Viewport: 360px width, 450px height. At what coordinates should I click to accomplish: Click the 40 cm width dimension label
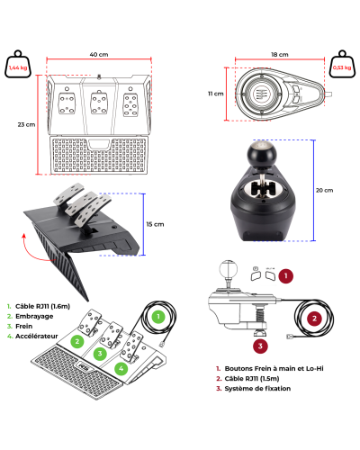[x=99, y=55]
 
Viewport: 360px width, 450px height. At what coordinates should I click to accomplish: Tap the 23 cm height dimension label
[x=26, y=124]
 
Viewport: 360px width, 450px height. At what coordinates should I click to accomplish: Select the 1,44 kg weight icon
[x=18, y=64]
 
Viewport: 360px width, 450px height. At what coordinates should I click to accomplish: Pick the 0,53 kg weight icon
[x=342, y=64]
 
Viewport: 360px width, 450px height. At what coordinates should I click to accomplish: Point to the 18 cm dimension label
[x=280, y=55]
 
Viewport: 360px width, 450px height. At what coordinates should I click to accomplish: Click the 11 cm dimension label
[x=216, y=94]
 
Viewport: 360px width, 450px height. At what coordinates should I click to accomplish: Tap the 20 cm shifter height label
[x=324, y=190]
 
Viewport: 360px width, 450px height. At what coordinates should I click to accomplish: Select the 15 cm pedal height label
[x=155, y=224]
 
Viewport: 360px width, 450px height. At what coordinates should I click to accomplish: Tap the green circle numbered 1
[x=158, y=317]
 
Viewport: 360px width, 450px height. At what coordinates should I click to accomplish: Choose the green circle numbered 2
[x=77, y=341]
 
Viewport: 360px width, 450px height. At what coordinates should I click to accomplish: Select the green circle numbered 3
[x=100, y=354]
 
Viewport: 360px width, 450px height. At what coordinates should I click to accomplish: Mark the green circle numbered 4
[x=121, y=368]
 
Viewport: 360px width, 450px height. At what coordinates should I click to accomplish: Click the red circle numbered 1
[x=285, y=275]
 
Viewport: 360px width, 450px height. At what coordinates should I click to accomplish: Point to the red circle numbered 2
[x=314, y=319]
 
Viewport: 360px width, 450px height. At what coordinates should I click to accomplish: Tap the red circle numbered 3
[x=260, y=346]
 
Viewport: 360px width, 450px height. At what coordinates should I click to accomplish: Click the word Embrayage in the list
[x=34, y=316]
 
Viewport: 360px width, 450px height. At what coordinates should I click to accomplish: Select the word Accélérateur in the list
[x=37, y=336]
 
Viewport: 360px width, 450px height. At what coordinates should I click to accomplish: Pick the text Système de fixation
[x=257, y=389]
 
